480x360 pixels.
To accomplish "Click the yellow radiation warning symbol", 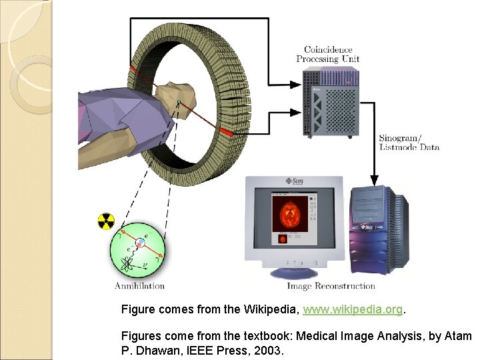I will [x=107, y=221].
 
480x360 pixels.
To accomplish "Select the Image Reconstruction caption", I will [x=331, y=286].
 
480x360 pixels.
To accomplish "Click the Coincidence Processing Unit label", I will [x=331, y=54].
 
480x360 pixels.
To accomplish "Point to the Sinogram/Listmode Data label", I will [x=409, y=143].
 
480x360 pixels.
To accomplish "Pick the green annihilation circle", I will [x=137, y=249].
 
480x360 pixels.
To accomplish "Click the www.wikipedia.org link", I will [x=353, y=310].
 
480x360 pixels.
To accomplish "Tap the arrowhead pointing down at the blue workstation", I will [x=375, y=180].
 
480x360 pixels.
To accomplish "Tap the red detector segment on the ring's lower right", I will [x=225, y=133].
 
